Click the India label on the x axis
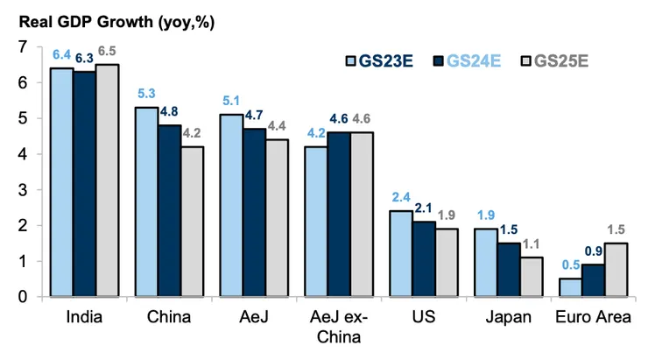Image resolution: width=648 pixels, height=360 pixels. tap(84, 317)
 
